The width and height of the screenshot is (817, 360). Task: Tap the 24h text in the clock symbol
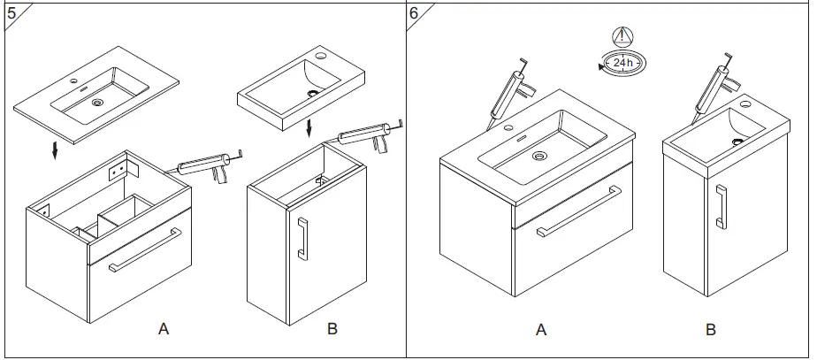(622, 63)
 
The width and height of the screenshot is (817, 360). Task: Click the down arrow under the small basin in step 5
(309, 128)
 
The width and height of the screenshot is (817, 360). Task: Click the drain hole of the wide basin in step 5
(96, 102)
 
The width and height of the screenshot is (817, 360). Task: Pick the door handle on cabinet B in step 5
(302, 239)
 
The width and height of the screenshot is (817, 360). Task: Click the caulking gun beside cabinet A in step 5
(207, 166)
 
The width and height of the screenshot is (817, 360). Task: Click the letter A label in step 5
(163, 329)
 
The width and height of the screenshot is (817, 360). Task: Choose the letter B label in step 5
(332, 329)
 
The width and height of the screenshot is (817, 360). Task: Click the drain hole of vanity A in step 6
(538, 157)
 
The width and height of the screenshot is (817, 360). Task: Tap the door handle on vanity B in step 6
(721, 207)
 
